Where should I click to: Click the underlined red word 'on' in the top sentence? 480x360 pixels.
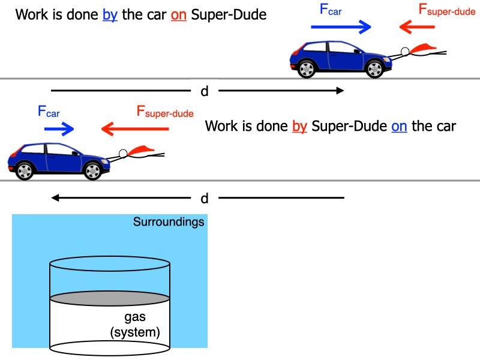(179, 15)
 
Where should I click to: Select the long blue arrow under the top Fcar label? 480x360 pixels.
(341, 27)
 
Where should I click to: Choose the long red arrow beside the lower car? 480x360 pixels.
(131, 128)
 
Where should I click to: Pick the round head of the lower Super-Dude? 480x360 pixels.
(123, 154)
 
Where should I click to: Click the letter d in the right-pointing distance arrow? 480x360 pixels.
(204, 91)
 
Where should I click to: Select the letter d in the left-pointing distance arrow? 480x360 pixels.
(204, 198)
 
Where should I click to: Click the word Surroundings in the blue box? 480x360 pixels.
(169, 223)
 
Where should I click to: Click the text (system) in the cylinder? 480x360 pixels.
(135, 332)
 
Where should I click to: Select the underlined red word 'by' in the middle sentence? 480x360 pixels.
(300, 127)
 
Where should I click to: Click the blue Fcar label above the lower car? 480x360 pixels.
(49, 111)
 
